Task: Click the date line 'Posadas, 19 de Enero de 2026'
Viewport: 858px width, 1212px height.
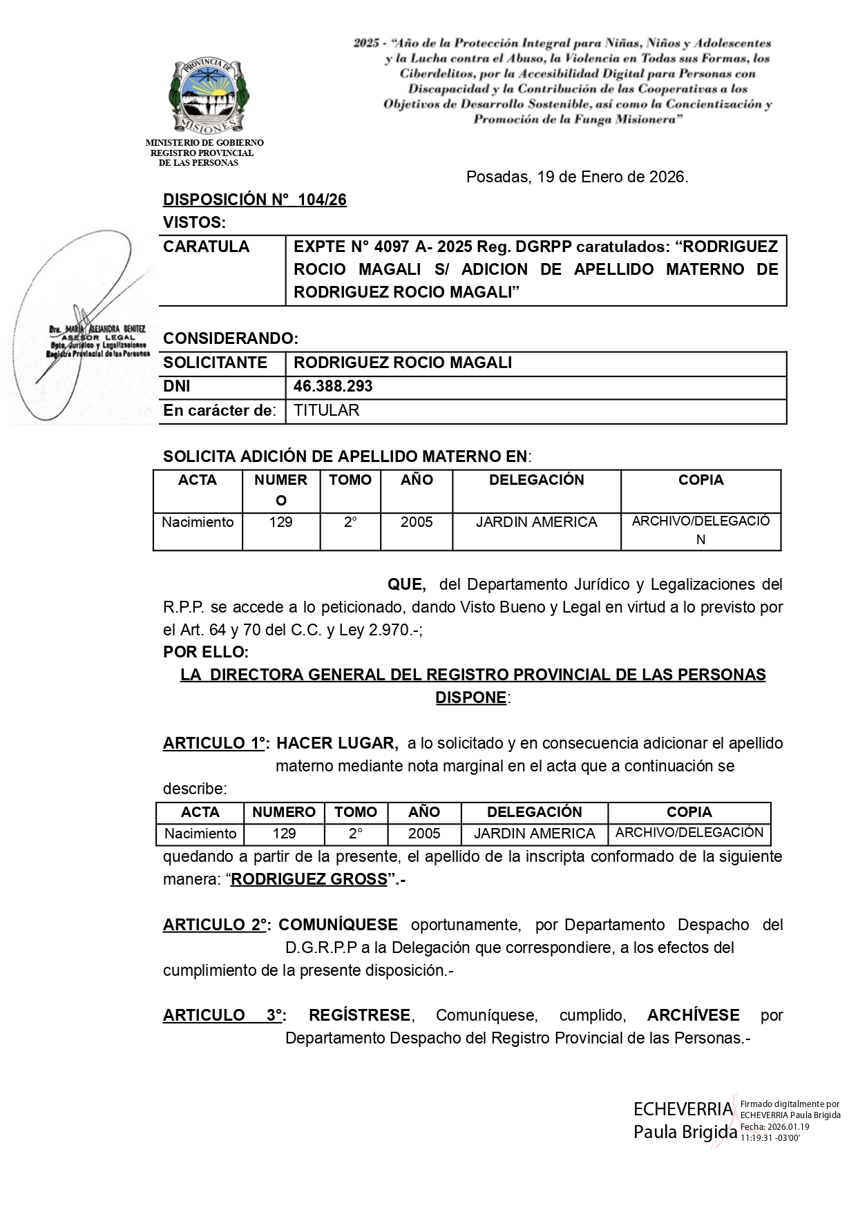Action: click(577, 177)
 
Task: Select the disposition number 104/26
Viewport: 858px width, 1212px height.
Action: click(322, 200)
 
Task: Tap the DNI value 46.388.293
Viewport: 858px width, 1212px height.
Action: click(333, 387)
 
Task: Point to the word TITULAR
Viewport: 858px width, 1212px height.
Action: click(327, 411)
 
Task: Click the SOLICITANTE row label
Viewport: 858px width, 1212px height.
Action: click(215, 363)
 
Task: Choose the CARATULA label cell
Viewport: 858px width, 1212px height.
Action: click(207, 247)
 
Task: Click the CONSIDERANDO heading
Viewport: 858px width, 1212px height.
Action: click(231, 338)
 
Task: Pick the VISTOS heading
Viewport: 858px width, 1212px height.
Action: click(194, 222)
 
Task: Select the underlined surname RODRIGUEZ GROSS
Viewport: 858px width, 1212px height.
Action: click(309, 880)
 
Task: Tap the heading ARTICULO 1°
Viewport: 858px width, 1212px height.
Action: click(216, 744)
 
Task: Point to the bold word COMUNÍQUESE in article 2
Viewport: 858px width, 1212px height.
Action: click(338, 925)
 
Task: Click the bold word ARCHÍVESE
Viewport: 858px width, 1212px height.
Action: click(693, 1015)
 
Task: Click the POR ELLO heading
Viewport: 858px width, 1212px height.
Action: click(206, 652)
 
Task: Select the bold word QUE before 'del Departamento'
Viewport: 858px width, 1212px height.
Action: click(406, 585)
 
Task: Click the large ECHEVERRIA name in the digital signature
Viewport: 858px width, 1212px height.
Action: click(683, 1109)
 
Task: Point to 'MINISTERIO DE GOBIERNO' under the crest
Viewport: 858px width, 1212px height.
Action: click(204, 143)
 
